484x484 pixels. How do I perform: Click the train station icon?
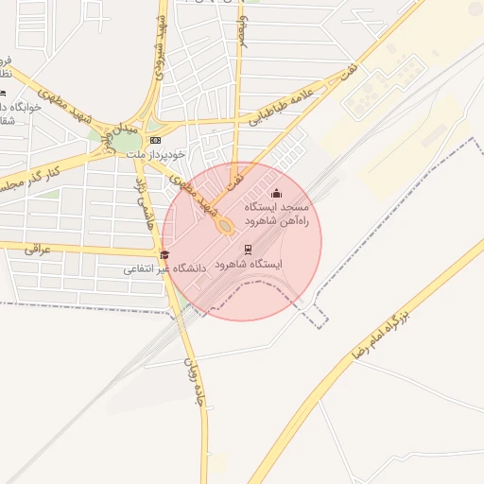(248, 250)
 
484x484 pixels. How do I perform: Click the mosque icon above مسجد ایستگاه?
(276, 194)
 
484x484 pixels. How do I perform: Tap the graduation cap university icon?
(164, 254)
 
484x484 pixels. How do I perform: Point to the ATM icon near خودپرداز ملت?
(155, 140)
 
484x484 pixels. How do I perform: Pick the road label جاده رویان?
(193, 379)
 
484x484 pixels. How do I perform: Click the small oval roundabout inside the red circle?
(225, 227)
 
